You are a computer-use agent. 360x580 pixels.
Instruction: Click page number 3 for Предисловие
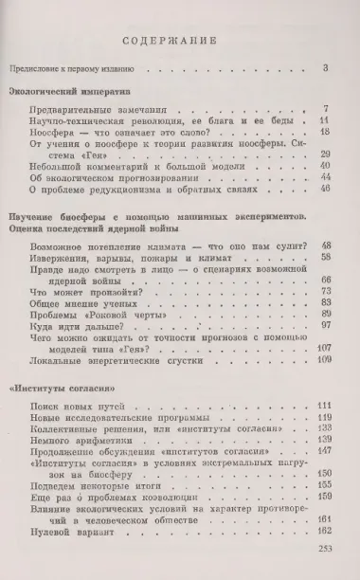[324, 67]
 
